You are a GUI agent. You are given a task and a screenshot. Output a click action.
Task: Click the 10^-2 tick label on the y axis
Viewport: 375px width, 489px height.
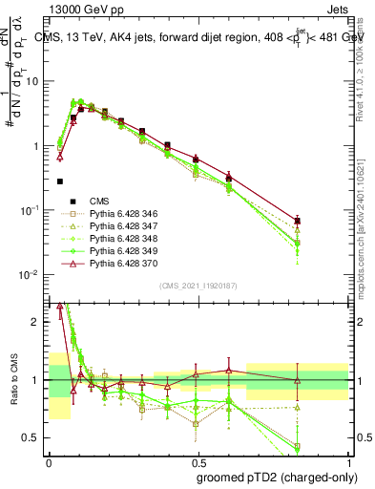tap(31, 275)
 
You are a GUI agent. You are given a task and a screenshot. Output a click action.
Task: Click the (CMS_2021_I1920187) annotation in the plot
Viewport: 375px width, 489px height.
tap(198, 286)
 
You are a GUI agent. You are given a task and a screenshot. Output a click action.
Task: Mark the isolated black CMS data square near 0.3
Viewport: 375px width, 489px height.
tap(60, 181)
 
